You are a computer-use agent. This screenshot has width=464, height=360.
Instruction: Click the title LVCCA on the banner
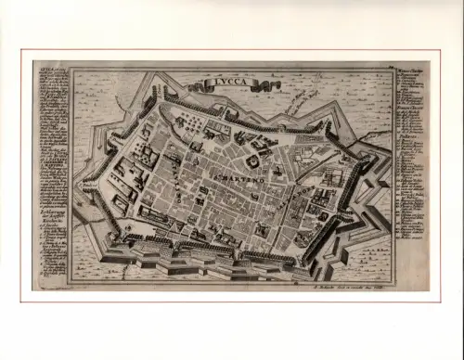point(228,84)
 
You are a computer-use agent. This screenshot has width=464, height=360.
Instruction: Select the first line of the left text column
point(52,67)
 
